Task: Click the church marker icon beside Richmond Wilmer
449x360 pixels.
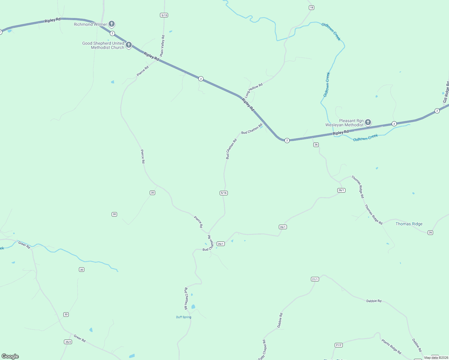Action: click(112, 24)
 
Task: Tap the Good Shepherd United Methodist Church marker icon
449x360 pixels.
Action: click(129, 45)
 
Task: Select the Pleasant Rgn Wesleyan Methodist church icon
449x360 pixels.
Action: click(368, 122)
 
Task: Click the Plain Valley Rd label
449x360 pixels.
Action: click(162, 46)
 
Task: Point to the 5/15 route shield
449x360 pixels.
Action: click(164, 15)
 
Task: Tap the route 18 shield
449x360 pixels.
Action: click(312, 7)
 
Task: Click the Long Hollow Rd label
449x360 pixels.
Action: click(254, 90)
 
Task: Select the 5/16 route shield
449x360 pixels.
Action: click(224, 193)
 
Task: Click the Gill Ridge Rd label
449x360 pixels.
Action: click(446, 92)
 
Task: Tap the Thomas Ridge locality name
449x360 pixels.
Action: click(409, 224)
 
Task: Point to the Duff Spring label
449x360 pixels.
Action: click(184, 317)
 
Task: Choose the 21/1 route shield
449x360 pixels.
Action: click(315, 279)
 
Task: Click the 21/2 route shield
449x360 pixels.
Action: click(339, 345)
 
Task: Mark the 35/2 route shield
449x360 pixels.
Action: click(68, 342)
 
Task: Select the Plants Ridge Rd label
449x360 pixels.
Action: click(391, 346)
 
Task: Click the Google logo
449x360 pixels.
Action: click(10, 356)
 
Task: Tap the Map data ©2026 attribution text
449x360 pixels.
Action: click(435, 358)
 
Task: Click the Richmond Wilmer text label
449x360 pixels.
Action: click(90, 24)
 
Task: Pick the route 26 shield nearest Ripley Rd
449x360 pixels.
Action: click(316, 145)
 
